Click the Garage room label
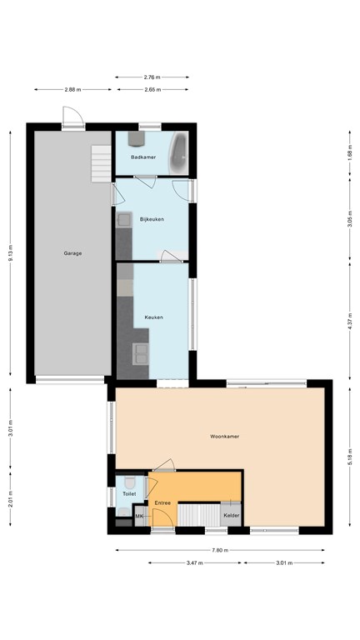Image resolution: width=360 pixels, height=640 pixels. pyautogui.click(x=72, y=253)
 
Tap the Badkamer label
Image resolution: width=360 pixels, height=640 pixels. pyautogui.click(x=143, y=157)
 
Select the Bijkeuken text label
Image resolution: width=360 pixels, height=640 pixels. pyautogui.click(x=152, y=219)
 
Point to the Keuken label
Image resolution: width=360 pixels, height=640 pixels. pyautogui.click(x=154, y=317)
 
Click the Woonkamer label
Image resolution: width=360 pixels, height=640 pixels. pyautogui.click(x=224, y=437)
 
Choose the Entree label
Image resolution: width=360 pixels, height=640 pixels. pyautogui.click(x=162, y=502)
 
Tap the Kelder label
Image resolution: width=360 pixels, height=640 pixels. pyautogui.click(x=232, y=516)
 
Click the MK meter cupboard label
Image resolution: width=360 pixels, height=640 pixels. pyautogui.click(x=139, y=517)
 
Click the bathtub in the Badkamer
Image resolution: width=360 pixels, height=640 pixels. pyautogui.click(x=178, y=153)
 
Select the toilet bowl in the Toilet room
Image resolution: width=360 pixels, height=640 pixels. pyautogui.click(x=130, y=482)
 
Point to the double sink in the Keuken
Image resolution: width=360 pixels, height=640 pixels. pyautogui.click(x=140, y=354)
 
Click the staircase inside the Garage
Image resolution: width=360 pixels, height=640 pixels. pyautogui.click(x=101, y=163)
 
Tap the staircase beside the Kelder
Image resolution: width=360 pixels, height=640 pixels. pyautogui.click(x=199, y=515)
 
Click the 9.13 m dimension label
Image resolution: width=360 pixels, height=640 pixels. pyautogui.click(x=11, y=253)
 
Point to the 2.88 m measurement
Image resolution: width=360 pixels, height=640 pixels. pyautogui.click(x=72, y=89)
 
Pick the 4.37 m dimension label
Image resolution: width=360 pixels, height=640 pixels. pyautogui.click(x=350, y=321)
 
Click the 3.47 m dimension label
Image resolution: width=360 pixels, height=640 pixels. pyautogui.click(x=195, y=562)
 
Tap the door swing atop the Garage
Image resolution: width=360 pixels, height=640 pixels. pyautogui.click(x=73, y=116)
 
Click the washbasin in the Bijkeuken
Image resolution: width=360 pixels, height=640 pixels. pyautogui.click(x=123, y=220)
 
